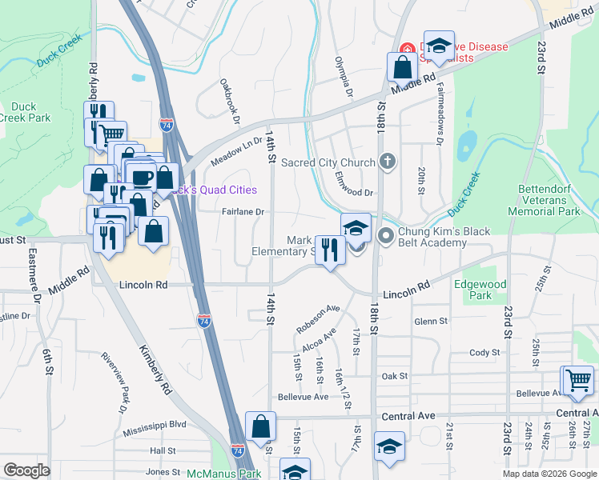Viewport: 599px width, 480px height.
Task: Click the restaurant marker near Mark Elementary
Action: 329,250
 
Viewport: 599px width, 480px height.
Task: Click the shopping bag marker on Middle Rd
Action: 400,68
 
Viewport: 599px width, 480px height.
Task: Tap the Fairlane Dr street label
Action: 243,212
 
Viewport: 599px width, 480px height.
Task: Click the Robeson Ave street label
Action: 317,319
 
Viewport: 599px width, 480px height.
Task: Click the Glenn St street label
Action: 430,321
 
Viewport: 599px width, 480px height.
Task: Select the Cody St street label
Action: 484,352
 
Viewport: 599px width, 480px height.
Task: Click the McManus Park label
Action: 213,474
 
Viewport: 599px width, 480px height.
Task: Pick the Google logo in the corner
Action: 26,470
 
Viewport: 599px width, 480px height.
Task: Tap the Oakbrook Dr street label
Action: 229,102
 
